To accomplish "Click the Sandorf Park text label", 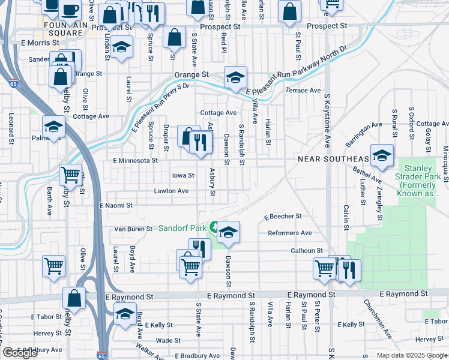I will click(182, 228).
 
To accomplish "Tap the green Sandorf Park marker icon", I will click(214, 227).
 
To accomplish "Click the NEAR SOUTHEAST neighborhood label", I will click(333, 158).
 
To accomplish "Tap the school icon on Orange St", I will click(236, 76).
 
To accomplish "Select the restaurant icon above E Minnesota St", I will click(200, 143).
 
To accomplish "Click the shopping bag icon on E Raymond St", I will click(74, 298).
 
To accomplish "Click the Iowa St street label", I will click(183, 176).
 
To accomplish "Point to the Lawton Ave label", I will click(171, 191).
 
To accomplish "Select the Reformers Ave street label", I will click(289, 233).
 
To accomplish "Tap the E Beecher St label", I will click(282, 216).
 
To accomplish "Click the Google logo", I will click(20, 353).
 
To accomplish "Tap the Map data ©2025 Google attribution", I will click(411, 355).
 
